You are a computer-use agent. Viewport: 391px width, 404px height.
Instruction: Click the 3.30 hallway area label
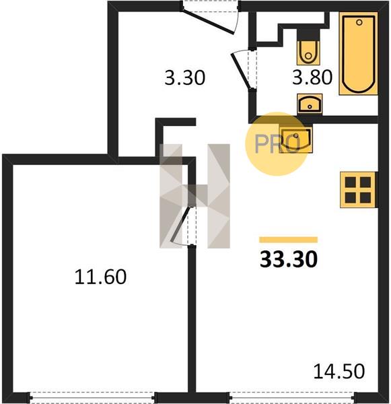[184, 78]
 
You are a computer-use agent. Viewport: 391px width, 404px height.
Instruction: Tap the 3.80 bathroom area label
[312, 77]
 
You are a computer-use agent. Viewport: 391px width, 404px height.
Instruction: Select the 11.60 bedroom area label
[100, 277]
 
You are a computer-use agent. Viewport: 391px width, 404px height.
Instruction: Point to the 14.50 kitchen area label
[339, 371]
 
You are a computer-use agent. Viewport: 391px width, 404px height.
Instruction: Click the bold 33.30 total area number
[289, 259]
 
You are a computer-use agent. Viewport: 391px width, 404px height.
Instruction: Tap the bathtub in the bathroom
[358, 53]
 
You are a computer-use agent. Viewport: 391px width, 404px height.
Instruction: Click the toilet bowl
[308, 53]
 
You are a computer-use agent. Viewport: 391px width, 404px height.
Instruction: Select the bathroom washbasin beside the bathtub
[310, 104]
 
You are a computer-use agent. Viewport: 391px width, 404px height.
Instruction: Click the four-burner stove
[359, 190]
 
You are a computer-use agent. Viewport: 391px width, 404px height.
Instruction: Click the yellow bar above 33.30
[288, 240]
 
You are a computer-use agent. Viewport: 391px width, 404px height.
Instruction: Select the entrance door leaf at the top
[207, 22]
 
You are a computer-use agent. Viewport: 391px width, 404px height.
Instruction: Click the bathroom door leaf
[240, 71]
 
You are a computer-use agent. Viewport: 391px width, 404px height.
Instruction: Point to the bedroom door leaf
[181, 224]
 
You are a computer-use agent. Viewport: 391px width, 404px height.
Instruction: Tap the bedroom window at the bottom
[92, 397]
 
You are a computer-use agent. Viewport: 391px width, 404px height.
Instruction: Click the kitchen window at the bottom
[292, 397]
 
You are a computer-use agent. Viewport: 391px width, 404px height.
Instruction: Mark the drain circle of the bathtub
[359, 22]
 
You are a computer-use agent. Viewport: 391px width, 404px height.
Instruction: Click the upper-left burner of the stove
[351, 182]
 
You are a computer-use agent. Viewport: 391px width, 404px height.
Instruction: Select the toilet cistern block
[308, 35]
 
